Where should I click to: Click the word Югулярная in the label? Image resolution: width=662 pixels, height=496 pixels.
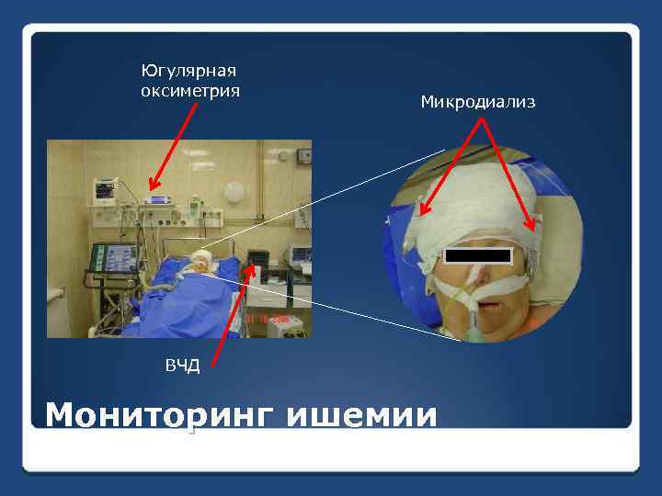point(189,71)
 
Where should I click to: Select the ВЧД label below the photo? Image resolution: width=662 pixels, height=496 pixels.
point(181,366)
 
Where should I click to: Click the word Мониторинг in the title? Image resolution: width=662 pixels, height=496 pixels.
point(161,415)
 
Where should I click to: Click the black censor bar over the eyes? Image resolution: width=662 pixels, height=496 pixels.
point(476,254)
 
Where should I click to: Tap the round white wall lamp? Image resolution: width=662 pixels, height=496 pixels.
point(234,191)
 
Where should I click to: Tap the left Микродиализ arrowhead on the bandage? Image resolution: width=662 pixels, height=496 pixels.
point(422,212)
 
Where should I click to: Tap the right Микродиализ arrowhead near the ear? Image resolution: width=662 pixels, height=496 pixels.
point(533,228)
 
